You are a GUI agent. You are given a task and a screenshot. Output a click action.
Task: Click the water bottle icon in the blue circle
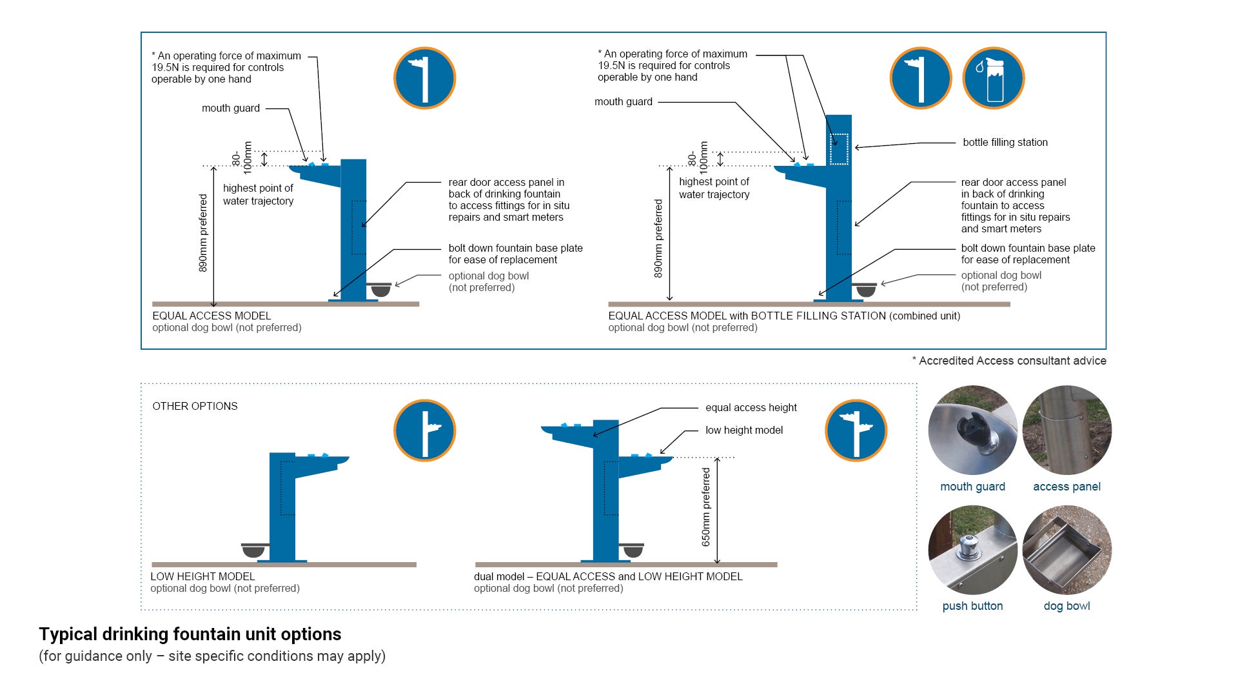coord(994,78)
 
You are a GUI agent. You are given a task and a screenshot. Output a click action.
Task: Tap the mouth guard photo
coord(972,430)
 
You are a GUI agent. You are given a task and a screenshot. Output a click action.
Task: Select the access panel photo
coord(1066,430)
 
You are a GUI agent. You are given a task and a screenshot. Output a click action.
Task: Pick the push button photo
coord(972,550)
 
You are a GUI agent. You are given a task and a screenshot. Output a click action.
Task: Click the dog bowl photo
coord(1066,550)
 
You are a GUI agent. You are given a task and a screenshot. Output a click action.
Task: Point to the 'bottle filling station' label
coord(1005,143)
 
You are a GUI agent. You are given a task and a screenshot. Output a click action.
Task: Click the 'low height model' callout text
coord(744,430)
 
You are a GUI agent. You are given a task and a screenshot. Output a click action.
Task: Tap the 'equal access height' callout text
coord(751,408)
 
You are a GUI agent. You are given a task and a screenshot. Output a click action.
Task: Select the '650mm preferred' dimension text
coord(706,507)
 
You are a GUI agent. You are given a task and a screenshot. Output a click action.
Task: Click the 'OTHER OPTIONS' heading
coord(195,407)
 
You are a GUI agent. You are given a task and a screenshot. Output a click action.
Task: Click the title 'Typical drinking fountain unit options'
coord(190,634)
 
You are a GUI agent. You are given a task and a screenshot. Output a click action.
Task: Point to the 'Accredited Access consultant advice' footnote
coord(1009,361)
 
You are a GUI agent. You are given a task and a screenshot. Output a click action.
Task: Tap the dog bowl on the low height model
coord(253,550)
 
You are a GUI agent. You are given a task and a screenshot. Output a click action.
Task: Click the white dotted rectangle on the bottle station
coord(839,149)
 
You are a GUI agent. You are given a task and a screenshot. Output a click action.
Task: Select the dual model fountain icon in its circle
coord(856,430)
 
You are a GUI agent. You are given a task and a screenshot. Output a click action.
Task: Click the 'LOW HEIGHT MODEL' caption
coord(202,577)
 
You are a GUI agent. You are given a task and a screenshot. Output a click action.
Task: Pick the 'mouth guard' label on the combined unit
coord(624,102)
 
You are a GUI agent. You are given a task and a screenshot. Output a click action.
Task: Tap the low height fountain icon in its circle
coord(425,430)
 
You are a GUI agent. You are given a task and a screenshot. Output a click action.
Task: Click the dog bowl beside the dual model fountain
coord(633,550)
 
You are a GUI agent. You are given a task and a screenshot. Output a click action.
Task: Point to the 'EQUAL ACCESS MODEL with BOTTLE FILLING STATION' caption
coord(784,316)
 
